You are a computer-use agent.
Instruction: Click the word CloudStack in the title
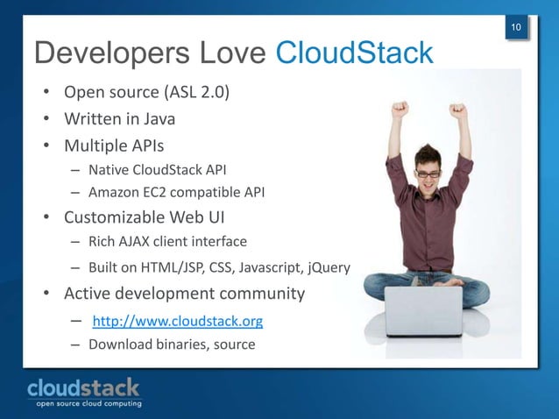[355, 53]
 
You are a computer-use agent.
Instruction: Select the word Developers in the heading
[103, 53]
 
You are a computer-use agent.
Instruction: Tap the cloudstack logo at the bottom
[83, 387]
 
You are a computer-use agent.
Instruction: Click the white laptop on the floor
[423, 312]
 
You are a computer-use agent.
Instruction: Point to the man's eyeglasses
[428, 174]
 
